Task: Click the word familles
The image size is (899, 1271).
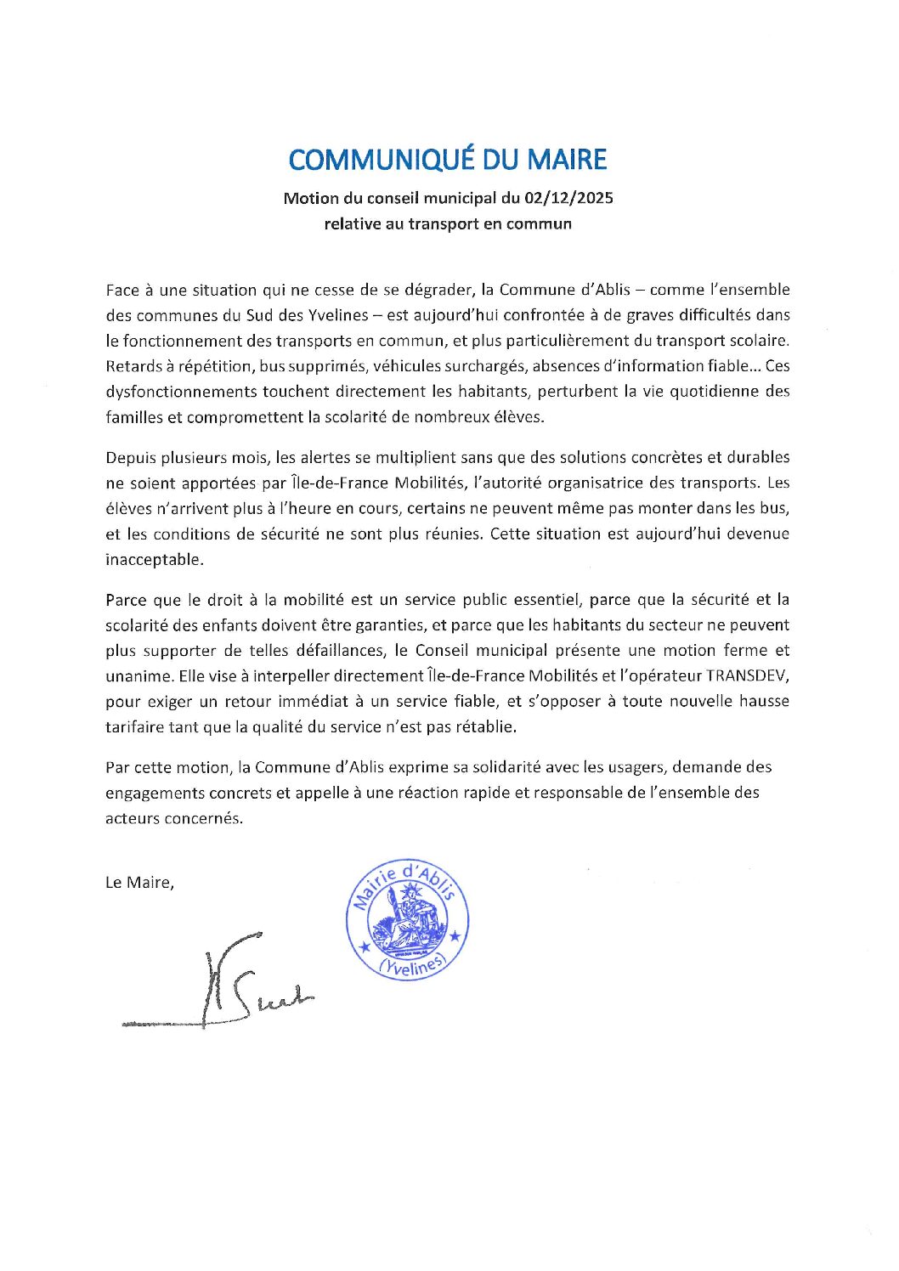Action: [133, 417]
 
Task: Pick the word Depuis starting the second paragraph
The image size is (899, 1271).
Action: [130, 457]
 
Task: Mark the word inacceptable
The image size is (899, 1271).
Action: [153, 560]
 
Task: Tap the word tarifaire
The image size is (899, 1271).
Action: [134, 727]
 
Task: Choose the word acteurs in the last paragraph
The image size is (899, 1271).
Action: [132, 818]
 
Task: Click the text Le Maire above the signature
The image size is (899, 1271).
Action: [139, 883]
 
